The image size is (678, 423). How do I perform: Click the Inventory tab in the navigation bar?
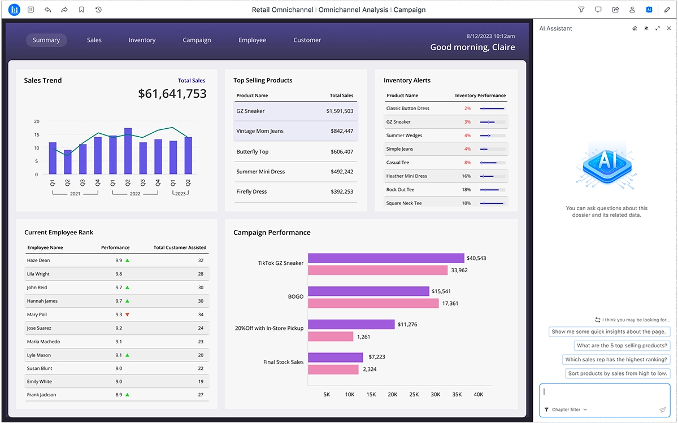142,40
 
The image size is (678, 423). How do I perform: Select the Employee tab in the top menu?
252,40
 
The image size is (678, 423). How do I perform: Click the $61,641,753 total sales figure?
172,94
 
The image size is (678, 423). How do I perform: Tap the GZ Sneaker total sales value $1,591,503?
340,111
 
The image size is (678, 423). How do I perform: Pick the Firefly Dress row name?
251,192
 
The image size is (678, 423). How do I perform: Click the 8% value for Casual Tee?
467,163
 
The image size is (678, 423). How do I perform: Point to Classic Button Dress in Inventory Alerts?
407,108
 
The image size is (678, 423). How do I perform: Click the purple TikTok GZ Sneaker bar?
386,258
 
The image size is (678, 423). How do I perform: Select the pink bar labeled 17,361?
373,303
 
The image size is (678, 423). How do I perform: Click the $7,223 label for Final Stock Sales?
376,357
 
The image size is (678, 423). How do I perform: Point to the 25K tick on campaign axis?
414,394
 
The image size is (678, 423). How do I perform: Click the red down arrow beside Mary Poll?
128,315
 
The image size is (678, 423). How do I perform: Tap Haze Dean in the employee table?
38,260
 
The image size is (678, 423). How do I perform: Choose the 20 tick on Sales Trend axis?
37,121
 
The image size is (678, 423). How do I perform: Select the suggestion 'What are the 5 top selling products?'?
621,346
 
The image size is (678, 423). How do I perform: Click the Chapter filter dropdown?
566,409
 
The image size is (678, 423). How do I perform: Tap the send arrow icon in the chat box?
662,410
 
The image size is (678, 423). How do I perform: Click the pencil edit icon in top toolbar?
667,10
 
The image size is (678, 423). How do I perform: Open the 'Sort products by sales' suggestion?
618,373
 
